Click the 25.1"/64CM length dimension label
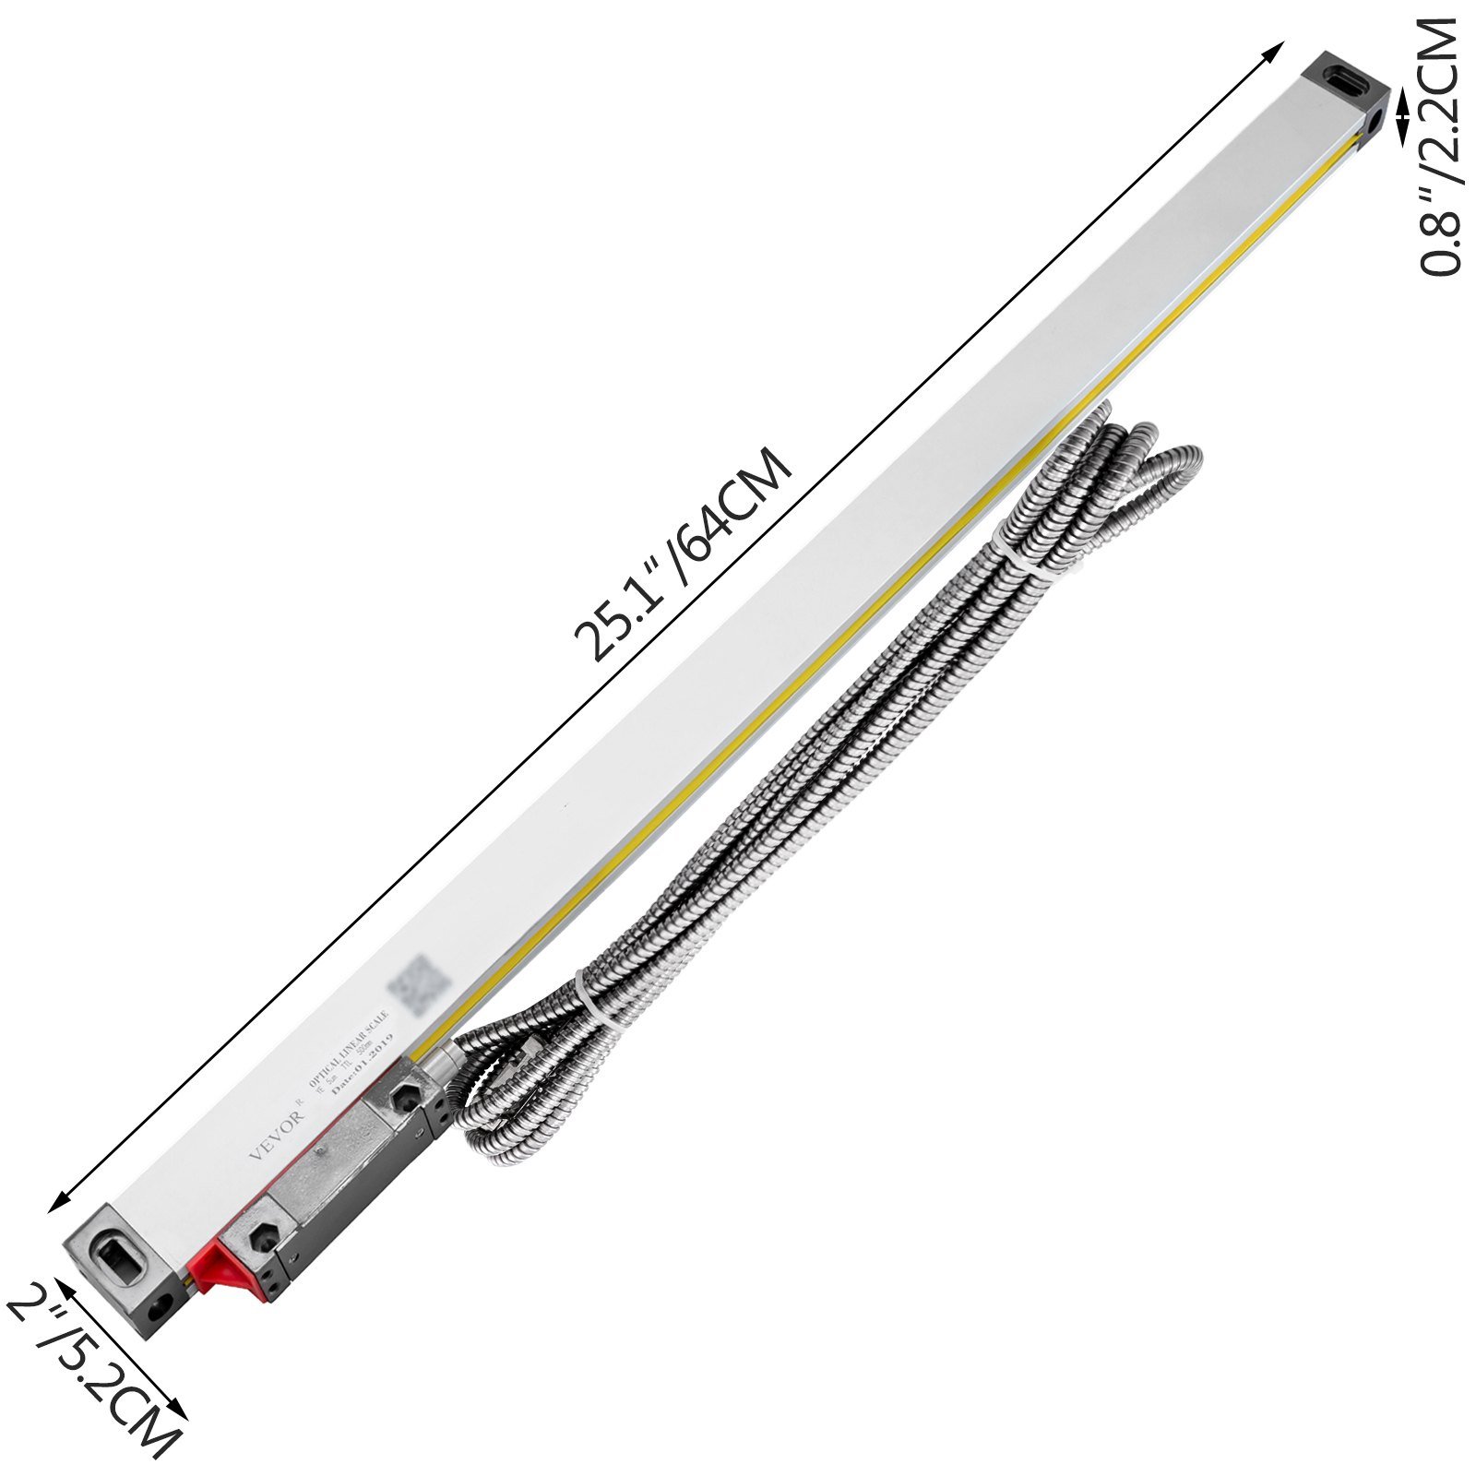[683, 553]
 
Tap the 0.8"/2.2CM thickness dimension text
[1440, 148]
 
